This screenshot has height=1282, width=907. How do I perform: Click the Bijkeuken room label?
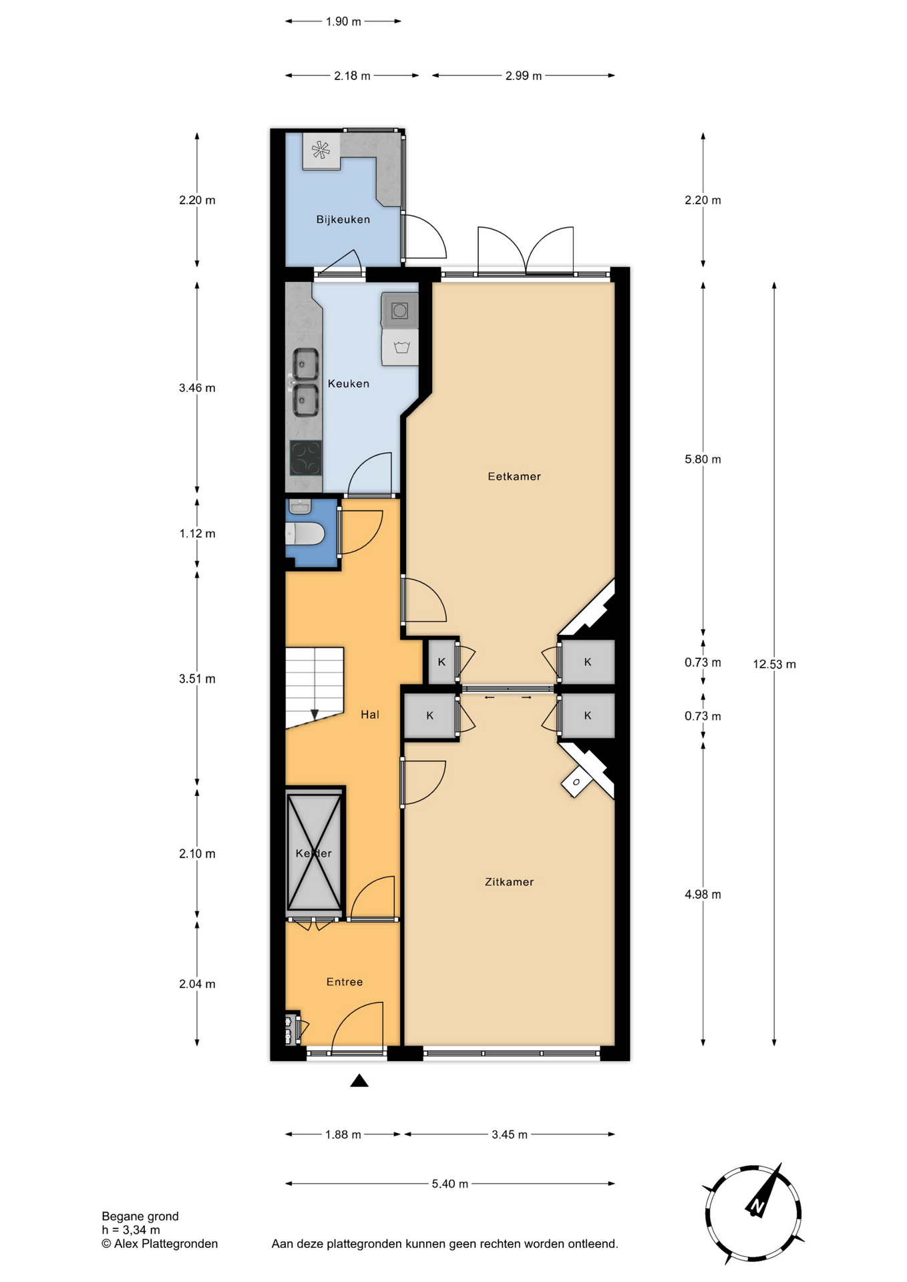click(x=343, y=220)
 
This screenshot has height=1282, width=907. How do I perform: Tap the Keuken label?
click(x=348, y=384)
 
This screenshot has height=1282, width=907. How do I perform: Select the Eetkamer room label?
click(x=514, y=477)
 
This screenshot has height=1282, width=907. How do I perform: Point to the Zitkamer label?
click(x=509, y=882)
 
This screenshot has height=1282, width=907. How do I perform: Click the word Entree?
click(x=345, y=982)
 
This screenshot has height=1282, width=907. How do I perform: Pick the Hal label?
click(x=370, y=715)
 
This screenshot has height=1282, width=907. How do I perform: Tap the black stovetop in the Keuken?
click(x=305, y=458)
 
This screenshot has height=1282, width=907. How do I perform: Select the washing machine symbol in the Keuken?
click(x=401, y=347)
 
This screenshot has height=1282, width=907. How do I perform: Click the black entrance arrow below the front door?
click(x=359, y=1080)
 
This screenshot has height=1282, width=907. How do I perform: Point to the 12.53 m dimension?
click(x=774, y=664)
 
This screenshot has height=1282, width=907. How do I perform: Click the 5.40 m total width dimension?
click(x=450, y=1184)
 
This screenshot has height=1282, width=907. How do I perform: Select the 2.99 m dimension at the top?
click(x=523, y=76)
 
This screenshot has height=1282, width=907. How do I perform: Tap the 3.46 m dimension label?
click(x=197, y=388)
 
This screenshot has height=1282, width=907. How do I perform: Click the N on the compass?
click(x=757, y=1207)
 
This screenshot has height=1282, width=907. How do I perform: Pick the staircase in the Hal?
click(x=315, y=688)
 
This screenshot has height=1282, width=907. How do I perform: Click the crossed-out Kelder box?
click(x=314, y=852)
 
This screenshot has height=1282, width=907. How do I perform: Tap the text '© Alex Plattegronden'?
click(x=160, y=1243)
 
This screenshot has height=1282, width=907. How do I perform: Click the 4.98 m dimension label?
click(x=703, y=895)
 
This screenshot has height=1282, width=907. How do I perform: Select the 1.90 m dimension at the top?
click(x=343, y=22)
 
